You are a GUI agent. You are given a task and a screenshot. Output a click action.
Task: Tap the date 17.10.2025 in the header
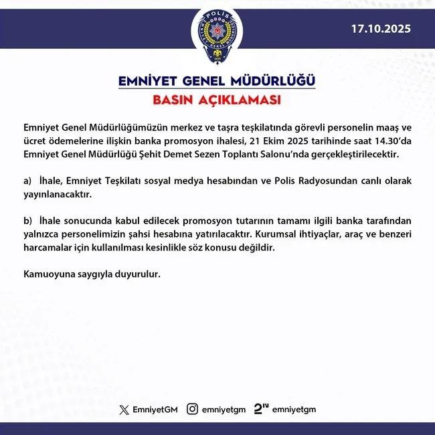click(381, 29)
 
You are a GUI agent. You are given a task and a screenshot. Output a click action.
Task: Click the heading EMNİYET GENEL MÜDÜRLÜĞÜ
click(217, 82)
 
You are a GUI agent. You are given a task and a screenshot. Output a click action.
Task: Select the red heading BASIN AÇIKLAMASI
click(217, 101)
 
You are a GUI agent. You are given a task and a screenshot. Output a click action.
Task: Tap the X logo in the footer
click(122, 408)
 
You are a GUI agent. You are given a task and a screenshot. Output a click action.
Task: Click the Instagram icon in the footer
click(192, 408)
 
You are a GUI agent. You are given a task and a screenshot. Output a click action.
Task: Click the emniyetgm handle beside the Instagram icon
click(224, 408)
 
